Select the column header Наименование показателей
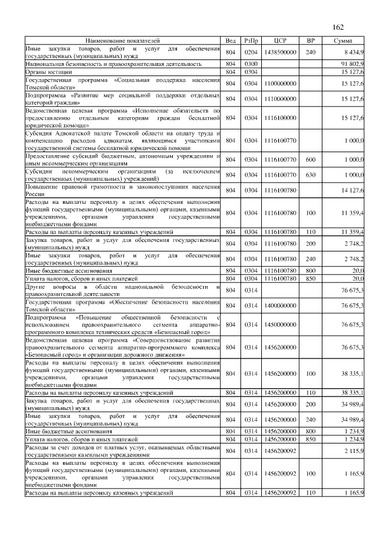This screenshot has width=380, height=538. pos(122,40)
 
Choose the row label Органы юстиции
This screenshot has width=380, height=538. pos(44,71)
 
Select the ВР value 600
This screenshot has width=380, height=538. pos(310,160)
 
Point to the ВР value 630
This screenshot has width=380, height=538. pos(310,175)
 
